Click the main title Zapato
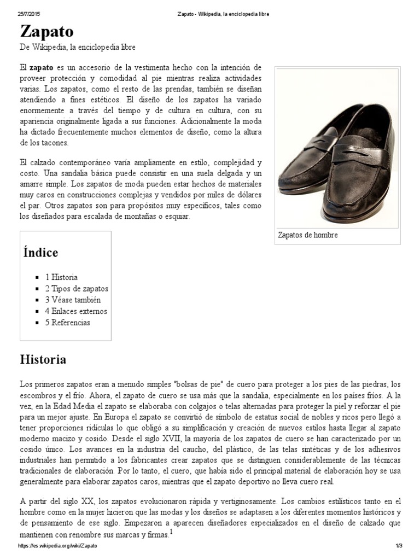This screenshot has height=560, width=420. pos(46,31)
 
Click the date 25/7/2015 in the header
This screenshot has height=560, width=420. pos(31,13)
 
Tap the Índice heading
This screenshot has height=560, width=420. pos(40,253)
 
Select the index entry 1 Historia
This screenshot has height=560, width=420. pos(61,277)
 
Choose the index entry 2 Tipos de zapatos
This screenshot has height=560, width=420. pos(77,288)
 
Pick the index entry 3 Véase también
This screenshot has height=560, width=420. pos(73,300)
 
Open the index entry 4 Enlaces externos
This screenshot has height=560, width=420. pos(76,311)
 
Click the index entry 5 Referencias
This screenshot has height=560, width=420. pos(68,322)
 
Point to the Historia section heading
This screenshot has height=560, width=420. pos(43,359)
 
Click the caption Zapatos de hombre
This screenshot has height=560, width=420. pos(308,235)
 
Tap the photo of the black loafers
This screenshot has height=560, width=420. pos(337,148)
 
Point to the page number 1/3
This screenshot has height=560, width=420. pos(399,546)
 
